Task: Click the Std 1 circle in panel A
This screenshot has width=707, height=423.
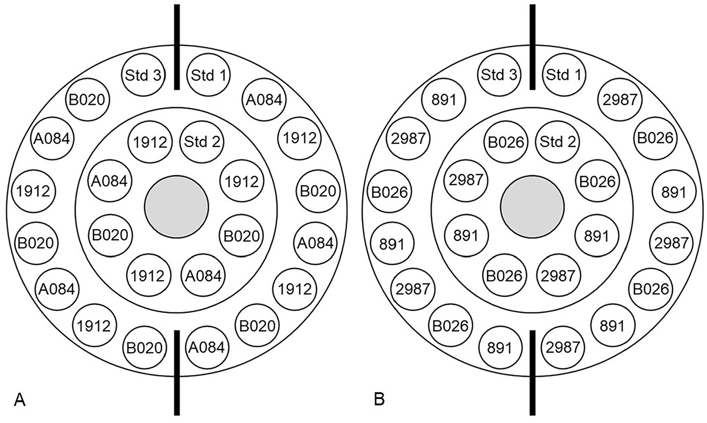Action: point(208,75)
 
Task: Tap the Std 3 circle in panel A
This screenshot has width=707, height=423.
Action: point(143,75)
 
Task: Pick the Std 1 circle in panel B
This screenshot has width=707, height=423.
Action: point(564,74)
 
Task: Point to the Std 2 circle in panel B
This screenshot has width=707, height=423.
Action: point(557,141)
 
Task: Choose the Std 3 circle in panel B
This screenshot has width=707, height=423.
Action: point(499,74)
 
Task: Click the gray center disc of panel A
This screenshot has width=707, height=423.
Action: point(176,207)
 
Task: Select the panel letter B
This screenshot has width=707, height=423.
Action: point(379,400)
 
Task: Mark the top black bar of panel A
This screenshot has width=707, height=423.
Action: point(177,47)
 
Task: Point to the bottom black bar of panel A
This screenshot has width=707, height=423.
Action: point(177,373)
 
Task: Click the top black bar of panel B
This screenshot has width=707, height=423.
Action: point(533,47)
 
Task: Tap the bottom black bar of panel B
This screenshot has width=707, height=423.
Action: point(533,373)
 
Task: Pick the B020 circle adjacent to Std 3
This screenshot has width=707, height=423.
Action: point(88,99)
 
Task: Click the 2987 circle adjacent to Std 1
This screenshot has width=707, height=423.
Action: point(620,99)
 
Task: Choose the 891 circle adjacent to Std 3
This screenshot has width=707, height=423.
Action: point(444,99)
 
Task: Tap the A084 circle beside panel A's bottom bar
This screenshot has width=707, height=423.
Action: point(206,347)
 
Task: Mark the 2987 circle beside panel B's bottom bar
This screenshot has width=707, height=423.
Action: point(563,347)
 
